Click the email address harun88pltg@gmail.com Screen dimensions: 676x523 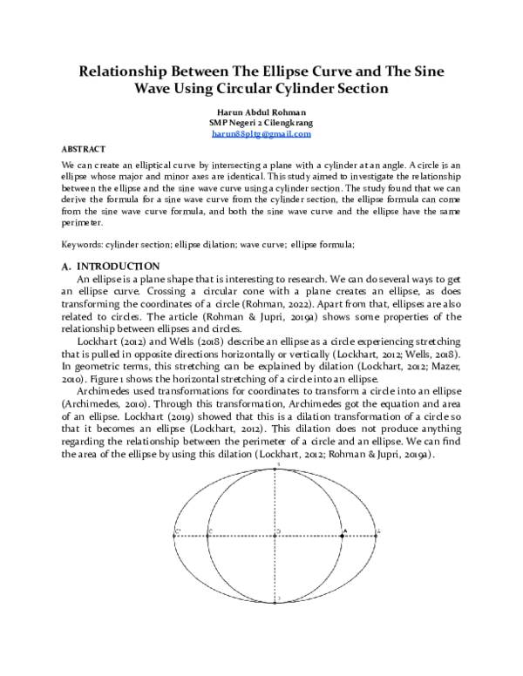click(261, 134)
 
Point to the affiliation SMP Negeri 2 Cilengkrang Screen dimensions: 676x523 click(261, 123)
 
